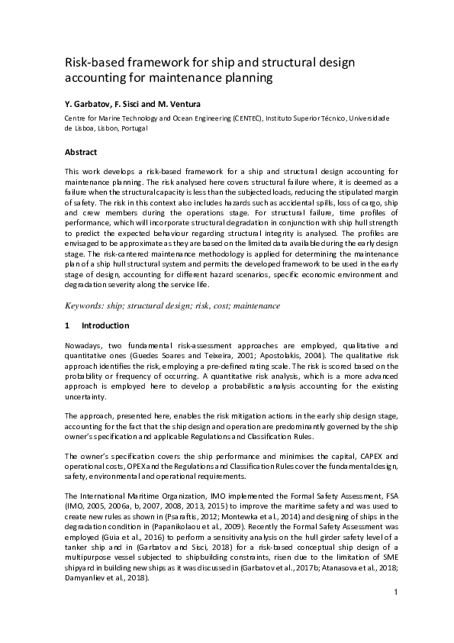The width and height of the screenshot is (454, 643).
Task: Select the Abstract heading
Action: point(81,152)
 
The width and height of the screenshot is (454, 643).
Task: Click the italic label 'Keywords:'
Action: point(90,305)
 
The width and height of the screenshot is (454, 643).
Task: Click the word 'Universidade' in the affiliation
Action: point(369,118)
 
